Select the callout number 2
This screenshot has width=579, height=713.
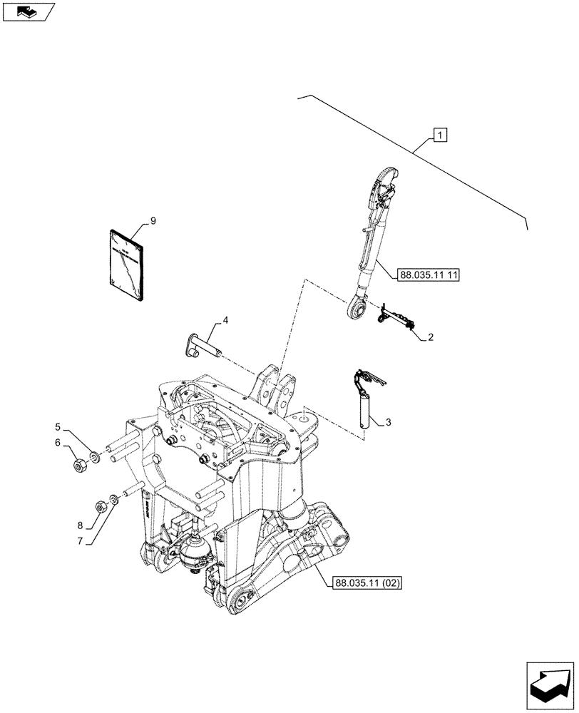click(x=431, y=337)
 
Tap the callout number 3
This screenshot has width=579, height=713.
click(x=388, y=422)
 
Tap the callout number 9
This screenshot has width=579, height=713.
click(x=152, y=222)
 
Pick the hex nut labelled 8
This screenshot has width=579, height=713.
click(x=101, y=507)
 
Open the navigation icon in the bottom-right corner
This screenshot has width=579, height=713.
click(x=550, y=683)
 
